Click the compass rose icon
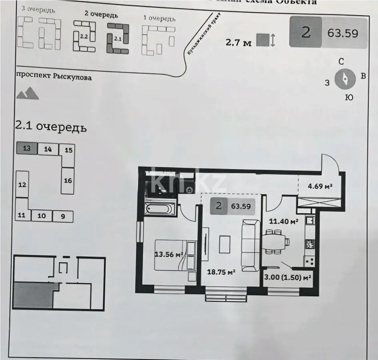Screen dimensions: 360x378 pos(345,79)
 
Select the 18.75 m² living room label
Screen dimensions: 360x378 pos(221,272)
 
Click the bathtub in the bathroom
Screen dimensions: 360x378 pos(160,208)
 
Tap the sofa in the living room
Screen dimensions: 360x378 pos(251,244)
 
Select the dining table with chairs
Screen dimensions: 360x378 pos(276,242)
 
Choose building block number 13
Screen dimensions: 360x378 pos(26,148)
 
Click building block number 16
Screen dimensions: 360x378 pos(68,181)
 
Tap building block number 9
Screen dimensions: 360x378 pos(63,216)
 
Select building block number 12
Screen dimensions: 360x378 pos(22,184)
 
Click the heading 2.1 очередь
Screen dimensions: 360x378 pos(50,127)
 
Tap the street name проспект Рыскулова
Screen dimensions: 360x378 pos(54,76)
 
